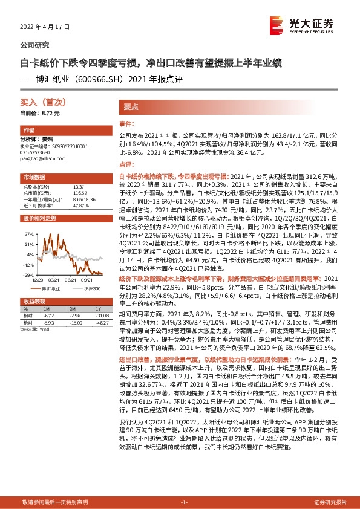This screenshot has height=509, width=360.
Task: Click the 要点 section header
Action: (131, 106)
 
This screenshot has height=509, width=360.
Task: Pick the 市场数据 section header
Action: (34, 177)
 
